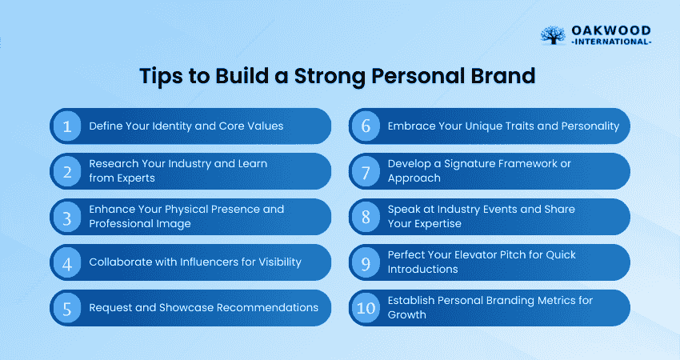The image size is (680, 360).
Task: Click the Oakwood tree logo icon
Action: (553, 35)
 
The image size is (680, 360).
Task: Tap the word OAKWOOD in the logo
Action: (611, 30)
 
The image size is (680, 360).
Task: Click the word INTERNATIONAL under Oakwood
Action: (611, 42)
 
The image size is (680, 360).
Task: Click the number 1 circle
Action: (67, 126)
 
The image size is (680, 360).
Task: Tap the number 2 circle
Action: (67, 171)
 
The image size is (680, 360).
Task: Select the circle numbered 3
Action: (67, 217)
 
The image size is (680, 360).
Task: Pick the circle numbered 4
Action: (67, 262)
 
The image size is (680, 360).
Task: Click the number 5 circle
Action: (67, 308)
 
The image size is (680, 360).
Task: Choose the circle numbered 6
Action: (366, 126)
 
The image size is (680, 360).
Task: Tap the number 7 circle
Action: (366, 171)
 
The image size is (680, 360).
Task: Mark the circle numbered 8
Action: (366, 217)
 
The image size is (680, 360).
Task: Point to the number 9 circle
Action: (366, 262)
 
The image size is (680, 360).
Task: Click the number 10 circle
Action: (366, 308)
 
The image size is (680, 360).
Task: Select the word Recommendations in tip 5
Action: (267, 307)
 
